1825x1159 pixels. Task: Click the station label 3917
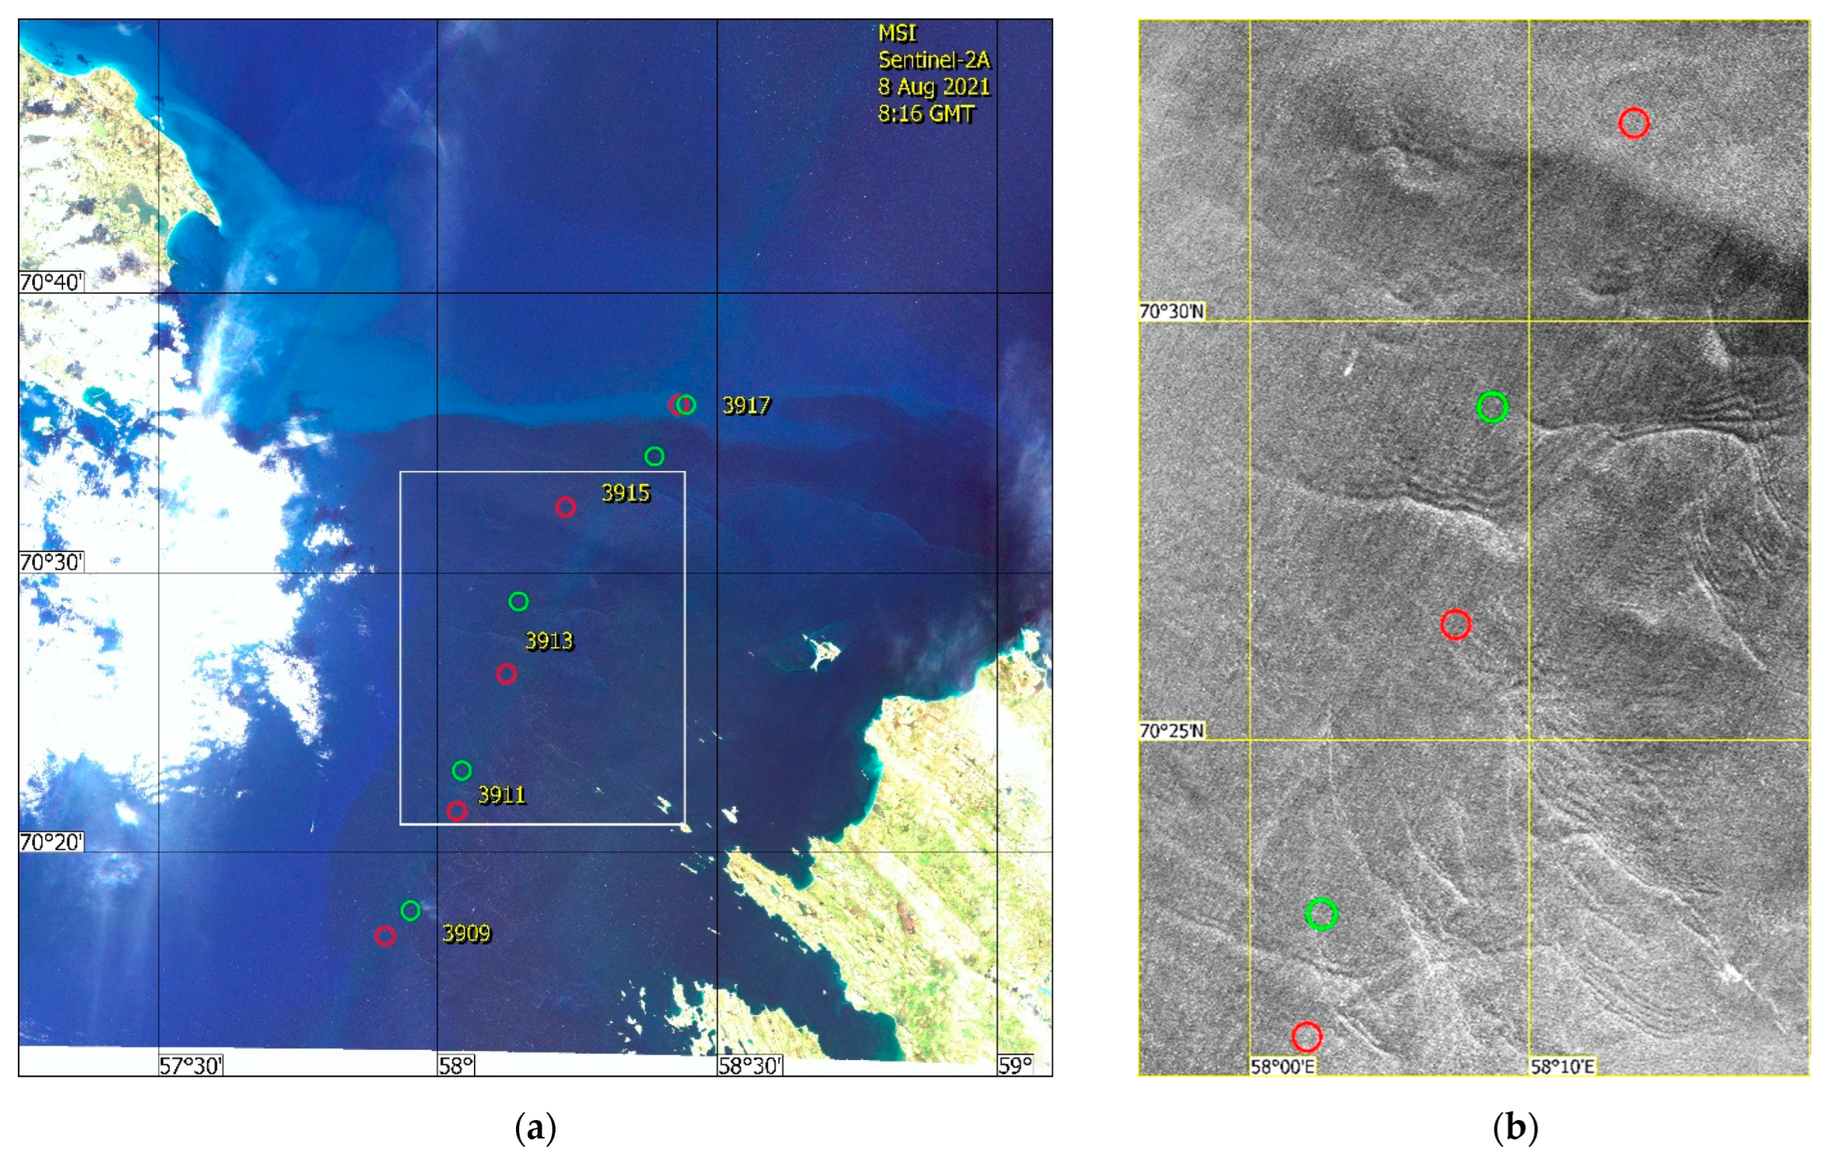tap(746, 406)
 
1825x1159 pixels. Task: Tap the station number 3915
tap(625, 494)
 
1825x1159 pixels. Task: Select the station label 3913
tap(549, 641)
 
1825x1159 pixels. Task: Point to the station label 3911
tap(502, 795)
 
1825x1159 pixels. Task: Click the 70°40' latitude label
tap(51, 282)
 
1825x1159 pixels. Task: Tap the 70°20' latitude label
tap(51, 842)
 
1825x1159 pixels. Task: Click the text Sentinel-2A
tap(934, 60)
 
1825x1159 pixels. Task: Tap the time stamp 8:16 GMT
tap(926, 114)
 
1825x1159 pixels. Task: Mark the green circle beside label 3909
tap(410, 911)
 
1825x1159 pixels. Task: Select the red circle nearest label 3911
tap(456, 811)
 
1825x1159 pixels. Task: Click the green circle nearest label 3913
tap(519, 602)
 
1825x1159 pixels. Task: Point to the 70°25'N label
tap(1171, 731)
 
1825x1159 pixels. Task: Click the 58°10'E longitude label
tap(1562, 1067)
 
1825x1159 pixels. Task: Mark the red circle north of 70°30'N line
tap(1634, 123)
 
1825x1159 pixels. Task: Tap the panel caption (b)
tap(1515, 1128)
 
